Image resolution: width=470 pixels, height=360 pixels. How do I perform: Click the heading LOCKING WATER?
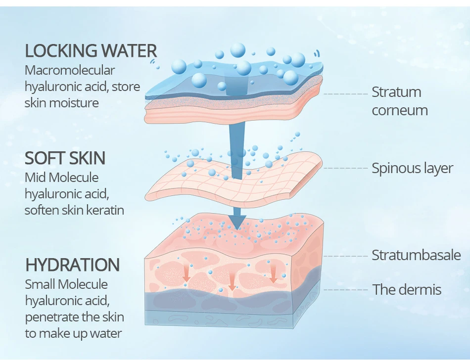pyautogui.click(x=91, y=50)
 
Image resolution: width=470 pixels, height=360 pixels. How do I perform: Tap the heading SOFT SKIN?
pyautogui.click(x=65, y=158)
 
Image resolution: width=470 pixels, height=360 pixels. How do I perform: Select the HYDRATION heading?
pyautogui.click(x=73, y=265)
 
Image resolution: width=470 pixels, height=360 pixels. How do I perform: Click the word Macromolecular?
pyautogui.click(x=70, y=70)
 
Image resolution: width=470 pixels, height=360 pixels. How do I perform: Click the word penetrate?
pyautogui.click(x=51, y=317)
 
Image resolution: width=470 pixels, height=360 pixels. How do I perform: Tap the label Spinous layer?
pyautogui.click(x=413, y=168)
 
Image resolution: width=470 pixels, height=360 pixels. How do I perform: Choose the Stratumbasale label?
pyautogui.click(x=417, y=255)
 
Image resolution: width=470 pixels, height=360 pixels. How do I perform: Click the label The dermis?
pyautogui.click(x=407, y=290)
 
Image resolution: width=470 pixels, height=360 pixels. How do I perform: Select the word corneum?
pyautogui.click(x=400, y=110)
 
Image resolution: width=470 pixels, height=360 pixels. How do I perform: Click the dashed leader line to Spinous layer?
pyautogui.click(x=346, y=168)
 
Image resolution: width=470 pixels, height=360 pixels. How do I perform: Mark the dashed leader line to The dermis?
pyautogui.click(x=346, y=290)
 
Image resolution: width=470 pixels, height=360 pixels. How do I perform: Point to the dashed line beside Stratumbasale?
pyautogui.click(x=346, y=256)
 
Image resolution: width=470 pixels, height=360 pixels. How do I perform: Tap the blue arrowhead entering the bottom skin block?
pyautogui.click(x=237, y=222)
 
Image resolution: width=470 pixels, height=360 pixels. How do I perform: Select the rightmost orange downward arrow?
pyautogui.click(x=273, y=273)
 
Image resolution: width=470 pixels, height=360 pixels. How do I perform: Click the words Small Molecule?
pyautogui.click(x=66, y=284)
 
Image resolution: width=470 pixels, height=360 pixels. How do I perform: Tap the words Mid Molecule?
pyautogui.click(x=61, y=178)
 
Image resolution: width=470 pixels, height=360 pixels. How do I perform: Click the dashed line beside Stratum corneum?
pyautogui.click(x=346, y=94)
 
